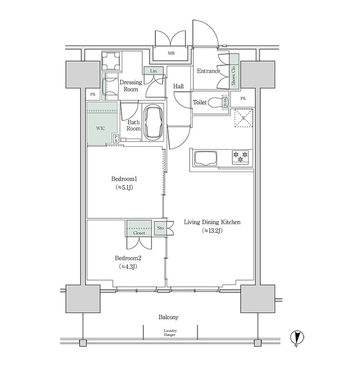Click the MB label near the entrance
pos(171,54)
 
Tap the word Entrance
pos(209,71)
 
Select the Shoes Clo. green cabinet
pos(234,75)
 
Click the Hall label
pos(178,86)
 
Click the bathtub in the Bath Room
pos(153,122)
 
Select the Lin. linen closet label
pos(153,71)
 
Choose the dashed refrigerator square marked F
pos(242,118)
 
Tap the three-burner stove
pos(240,156)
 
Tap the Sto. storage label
pos(161,228)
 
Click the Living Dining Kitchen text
pos(212,222)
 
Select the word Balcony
pos(169,317)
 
